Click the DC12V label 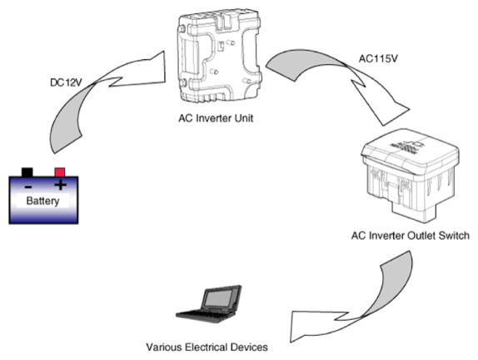click(66, 82)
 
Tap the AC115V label click(378, 58)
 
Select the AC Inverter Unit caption click(216, 118)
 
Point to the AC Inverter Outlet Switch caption click(410, 236)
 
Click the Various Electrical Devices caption click(207, 347)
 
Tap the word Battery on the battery click(42, 201)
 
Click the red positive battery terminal click(60, 172)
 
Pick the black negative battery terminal click(27, 172)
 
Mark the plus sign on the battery click(60, 184)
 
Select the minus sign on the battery click(28, 187)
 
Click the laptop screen click(218, 297)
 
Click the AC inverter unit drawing click(219, 57)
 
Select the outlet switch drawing click(410, 176)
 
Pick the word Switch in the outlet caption click(454, 236)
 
